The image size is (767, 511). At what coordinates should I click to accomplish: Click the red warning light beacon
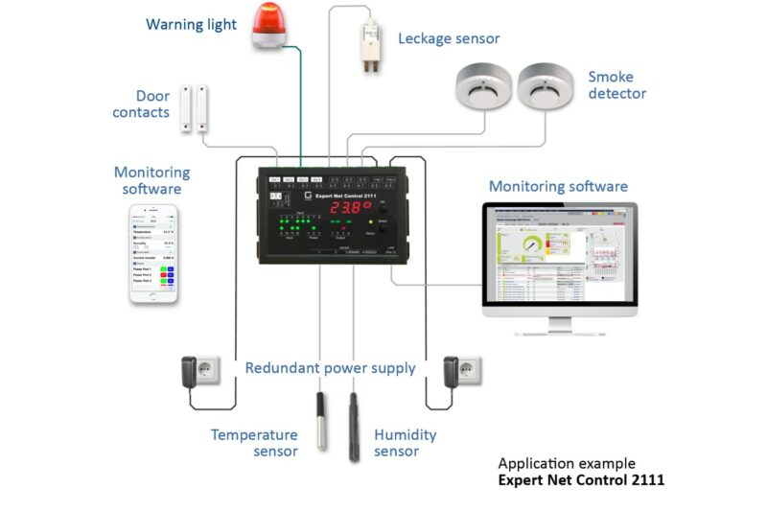270,26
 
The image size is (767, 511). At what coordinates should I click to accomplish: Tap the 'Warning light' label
191,25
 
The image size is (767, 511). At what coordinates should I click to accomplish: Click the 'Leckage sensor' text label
449,38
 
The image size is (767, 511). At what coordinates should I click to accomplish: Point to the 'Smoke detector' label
616,84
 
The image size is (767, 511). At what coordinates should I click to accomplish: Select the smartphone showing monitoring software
154,253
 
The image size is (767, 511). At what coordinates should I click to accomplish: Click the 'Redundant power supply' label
330,368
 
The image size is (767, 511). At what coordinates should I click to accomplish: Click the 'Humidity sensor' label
405,443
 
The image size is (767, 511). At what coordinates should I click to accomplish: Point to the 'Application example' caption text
566,463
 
